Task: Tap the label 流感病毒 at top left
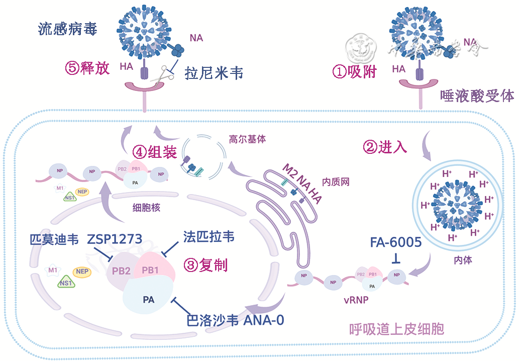point(67,29)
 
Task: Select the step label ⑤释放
point(87,68)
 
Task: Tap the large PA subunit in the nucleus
point(148,300)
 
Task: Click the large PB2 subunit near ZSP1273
point(122,272)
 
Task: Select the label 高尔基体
point(247,139)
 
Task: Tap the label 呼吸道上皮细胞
point(397,329)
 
